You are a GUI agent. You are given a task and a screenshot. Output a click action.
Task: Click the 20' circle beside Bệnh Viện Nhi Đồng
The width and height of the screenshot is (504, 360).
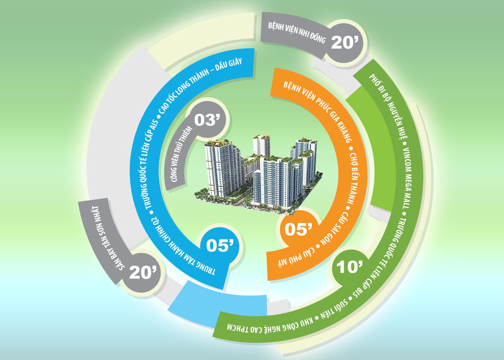[x=345, y=42]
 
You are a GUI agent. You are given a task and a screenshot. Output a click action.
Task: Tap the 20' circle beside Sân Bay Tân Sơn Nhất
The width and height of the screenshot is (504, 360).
[x=143, y=272]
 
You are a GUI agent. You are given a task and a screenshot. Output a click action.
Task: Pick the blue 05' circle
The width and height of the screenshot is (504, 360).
[x=220, y=246]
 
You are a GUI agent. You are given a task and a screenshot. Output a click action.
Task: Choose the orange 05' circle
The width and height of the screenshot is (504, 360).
[x=298, y=229]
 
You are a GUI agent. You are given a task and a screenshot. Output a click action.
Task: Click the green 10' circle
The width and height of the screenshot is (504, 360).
[x=349, y=267]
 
